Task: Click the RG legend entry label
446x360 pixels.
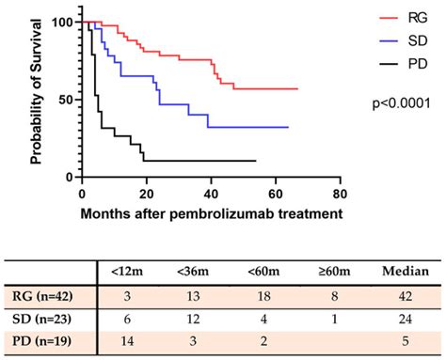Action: click(x=414, y=16)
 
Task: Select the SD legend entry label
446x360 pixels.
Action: click(x=414, y=40)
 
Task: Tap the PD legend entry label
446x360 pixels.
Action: click(x=414, y=65)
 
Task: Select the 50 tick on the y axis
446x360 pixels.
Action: click(x=68, y=100)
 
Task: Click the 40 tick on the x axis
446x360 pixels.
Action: click(x=212, y=195)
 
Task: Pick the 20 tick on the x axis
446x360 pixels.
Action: click(x=147, y=195)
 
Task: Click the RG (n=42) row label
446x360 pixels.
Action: click(x=48, y=297)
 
